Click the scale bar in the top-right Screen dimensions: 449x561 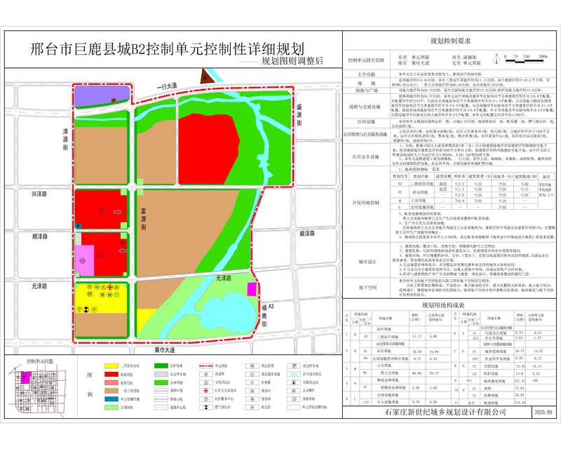[526, 60]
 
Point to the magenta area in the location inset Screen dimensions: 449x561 [26, 375]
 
